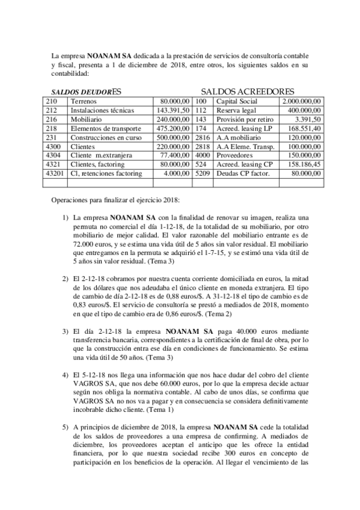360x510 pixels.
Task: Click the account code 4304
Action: (53, 156)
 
